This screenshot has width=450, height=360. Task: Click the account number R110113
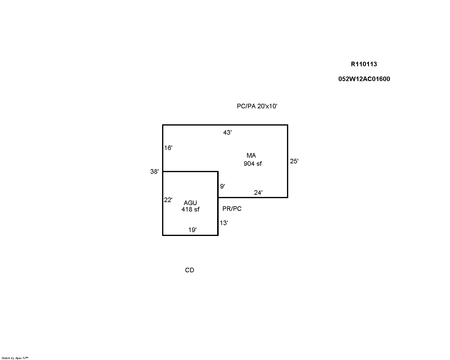tap(364, 64)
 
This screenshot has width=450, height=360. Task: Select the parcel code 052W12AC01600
tap(364, 79)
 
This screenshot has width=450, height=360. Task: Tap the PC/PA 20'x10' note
tap(257, 106)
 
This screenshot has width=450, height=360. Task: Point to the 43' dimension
tap(227, 133)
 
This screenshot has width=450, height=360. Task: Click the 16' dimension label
tap(168, 148)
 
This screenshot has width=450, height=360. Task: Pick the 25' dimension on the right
tap(294, 161)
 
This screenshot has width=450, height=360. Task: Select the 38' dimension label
tap(155, 172)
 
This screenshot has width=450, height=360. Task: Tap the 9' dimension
tap(223, 186)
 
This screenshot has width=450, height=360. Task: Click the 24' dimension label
tap(258, 193)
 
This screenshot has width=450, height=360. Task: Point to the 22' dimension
tap(168, 200)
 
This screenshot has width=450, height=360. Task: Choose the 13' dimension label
tap(224, 223)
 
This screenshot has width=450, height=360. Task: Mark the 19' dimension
tap(192, 230)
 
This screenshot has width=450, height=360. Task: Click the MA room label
tap(251, 155)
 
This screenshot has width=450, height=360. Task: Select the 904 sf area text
tap(253, 164)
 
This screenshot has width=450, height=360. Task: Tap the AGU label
tap(190, 203)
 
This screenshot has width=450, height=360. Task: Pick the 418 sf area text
tap(191, 209)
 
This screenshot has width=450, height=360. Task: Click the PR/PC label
tap(232, 208)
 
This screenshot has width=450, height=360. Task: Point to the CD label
tap(189, 270)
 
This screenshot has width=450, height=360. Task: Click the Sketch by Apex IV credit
tap(15, 358)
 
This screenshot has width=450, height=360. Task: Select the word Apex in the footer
tap(18, 358)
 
